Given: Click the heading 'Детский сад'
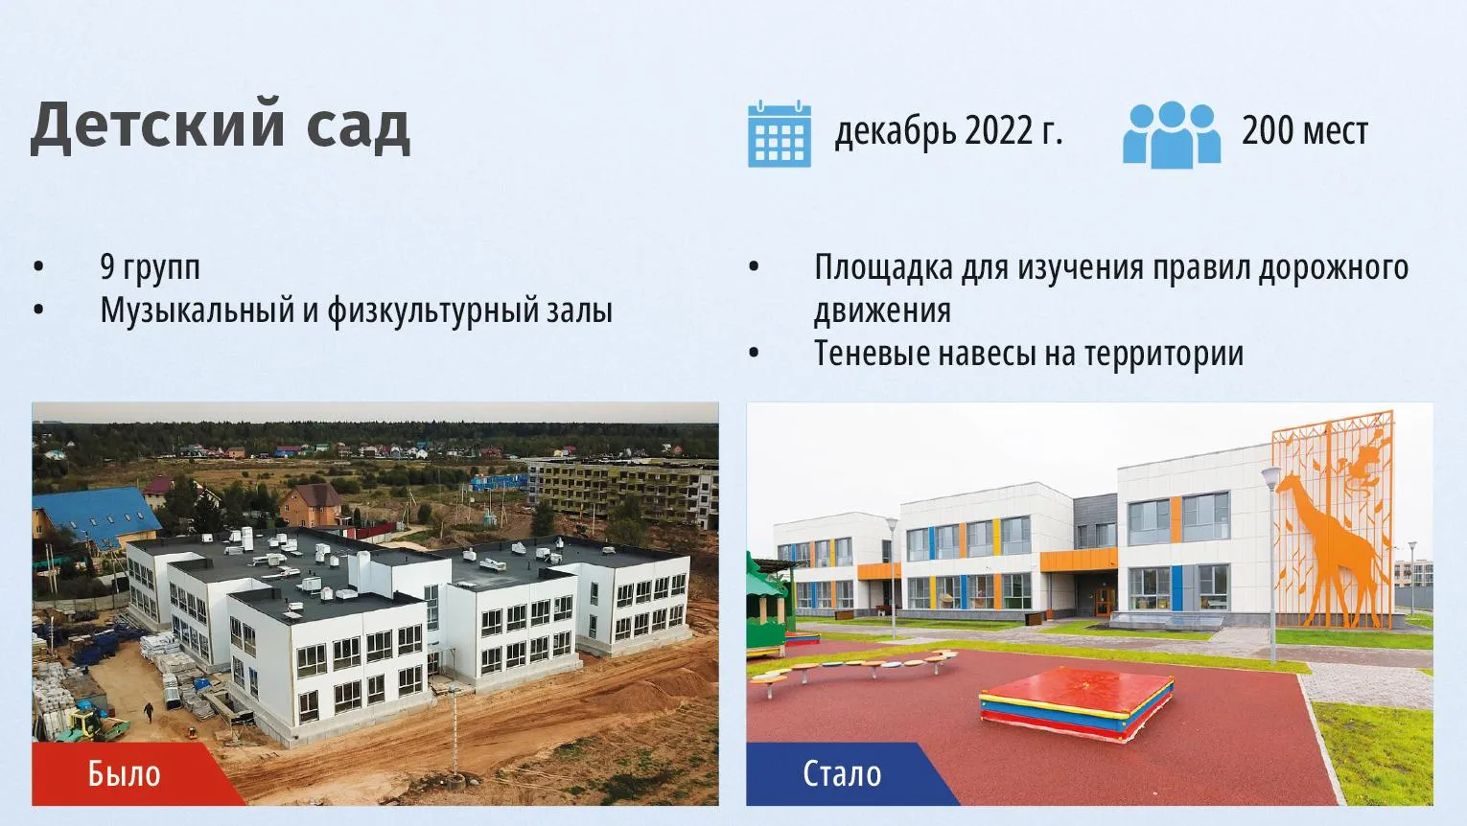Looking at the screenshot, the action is [221, 127].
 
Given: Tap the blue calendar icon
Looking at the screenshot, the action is [780, 134].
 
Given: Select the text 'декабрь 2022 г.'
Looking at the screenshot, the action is [948, 131].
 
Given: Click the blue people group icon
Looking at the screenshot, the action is [1172, 134].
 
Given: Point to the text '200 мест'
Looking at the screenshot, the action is [1305, 131].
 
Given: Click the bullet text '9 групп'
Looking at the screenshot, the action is [150, 268].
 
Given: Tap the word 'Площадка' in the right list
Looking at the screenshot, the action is [883, 268].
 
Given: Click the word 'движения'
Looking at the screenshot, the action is [882, 311].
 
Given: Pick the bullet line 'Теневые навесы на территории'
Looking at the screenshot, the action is [1029, 355].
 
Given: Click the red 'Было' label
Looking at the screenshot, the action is [125, 774].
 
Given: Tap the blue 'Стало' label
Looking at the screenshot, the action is [842, 774].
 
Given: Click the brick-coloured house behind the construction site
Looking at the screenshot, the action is [311, 505].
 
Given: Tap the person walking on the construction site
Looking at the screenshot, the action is [149, 712].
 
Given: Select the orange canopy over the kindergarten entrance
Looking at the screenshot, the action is [1079, 560].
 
